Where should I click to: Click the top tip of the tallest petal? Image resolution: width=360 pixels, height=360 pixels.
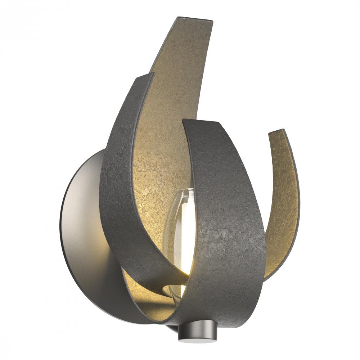click(194, 19)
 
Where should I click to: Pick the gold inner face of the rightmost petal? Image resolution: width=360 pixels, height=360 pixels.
click(284, 202)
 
